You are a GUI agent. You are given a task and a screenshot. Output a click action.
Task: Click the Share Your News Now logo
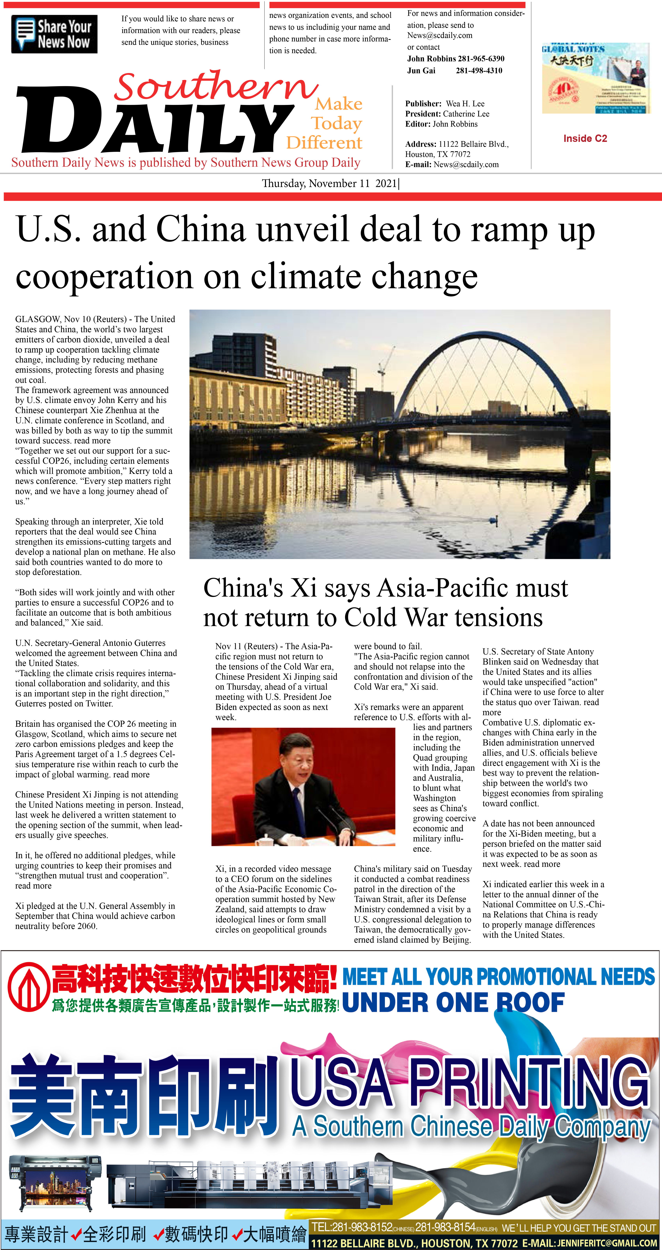coord(54,34)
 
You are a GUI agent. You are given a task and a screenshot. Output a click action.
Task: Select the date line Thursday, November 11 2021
coord(330,183)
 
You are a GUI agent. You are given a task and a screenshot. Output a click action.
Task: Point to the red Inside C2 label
coord(585,138)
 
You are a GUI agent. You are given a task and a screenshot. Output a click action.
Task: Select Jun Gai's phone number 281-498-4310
coord(479,70)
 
